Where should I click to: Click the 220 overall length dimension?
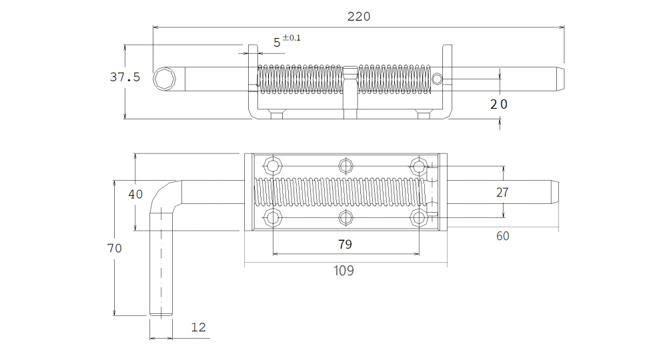[x=359, y=17]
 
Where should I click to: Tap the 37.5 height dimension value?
[x=125, y=77]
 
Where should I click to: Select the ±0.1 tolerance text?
[x=291, y=37]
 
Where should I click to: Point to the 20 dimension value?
[x=498, y=104]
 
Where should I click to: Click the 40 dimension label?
[x=135, y=194]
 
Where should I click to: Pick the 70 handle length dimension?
[x=115, y=248]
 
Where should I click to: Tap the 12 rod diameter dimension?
[x=198, y=327]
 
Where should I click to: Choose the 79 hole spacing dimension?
[x=345, y=244]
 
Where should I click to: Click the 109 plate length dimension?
[x=344, y=270]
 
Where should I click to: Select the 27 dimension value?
[x=502, y=193]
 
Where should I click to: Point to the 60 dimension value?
[x=502, y=236]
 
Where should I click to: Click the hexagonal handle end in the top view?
[x=164, y=79]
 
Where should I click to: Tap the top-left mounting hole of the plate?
[x=272, y=165]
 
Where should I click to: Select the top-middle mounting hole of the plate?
[x=346, y=166]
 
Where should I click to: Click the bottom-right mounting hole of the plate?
[x=419, y=218]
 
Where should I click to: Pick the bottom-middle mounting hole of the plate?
[x=346, y=218]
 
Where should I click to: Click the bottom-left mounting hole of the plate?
[x=272, y=218]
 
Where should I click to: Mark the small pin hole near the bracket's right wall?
[x=437, y=79]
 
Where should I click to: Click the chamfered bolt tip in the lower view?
[x=555, y=192]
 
